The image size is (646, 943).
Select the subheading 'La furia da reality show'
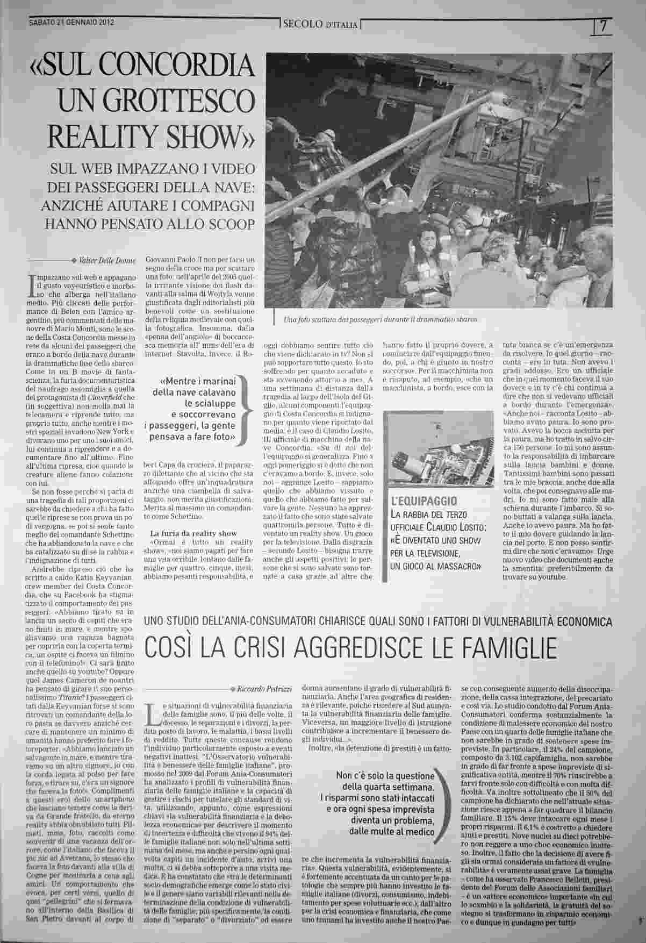(x=186, y=533)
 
